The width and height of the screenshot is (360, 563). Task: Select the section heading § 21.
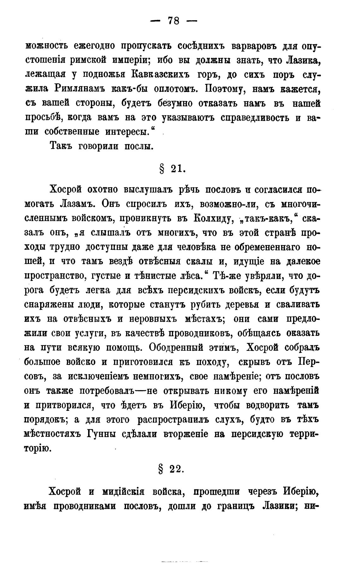171,169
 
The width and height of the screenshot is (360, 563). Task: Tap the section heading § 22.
171,469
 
